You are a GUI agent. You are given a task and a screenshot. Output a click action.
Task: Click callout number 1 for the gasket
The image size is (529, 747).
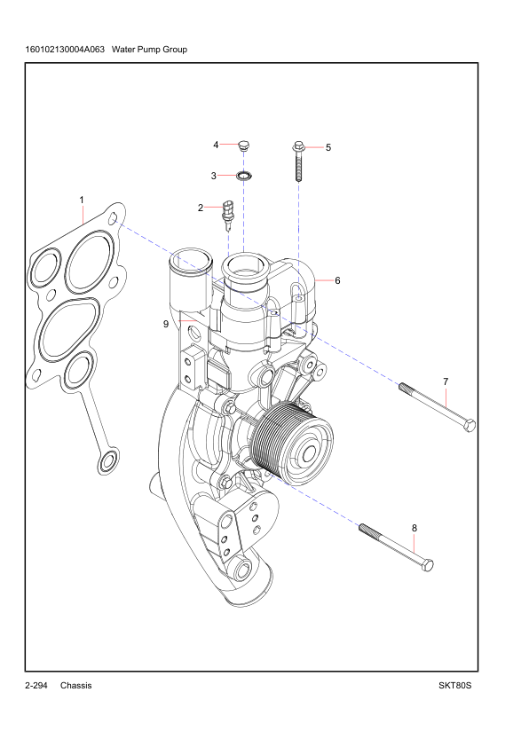(x=82, y=201)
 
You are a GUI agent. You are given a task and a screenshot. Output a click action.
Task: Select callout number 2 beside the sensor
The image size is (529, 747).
(x=201, y=208)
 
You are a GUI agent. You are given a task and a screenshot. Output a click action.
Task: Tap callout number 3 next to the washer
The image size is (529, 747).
(x=214, y=176)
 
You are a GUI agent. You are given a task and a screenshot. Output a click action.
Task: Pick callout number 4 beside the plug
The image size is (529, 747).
(x=215, y=145)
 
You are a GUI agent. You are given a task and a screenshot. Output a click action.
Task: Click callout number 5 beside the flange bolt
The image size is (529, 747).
(x=328, y=147)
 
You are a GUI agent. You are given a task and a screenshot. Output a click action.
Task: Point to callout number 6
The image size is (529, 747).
(x=337, y=280)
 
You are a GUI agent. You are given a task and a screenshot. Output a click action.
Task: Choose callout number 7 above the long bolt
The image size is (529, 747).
(x=445, y=381)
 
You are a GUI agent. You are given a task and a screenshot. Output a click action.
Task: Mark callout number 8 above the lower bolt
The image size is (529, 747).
(x=415, y=528)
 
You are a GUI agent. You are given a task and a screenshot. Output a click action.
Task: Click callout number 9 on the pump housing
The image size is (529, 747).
(x=166, y=324)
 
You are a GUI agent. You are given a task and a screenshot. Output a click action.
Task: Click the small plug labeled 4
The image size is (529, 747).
(x=246, y=145)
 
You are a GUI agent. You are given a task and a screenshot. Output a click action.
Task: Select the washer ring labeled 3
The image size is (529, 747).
(x=246, y=175)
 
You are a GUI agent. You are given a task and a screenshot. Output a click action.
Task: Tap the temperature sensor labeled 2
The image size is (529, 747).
(x=228, y=212)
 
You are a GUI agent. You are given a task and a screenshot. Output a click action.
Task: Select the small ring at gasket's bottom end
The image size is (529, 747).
(x=108, y=460)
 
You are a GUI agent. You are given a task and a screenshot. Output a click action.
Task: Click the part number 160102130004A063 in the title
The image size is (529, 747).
(x=67, y=49)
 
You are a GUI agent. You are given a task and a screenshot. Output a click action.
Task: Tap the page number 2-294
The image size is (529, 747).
(x=36, y=686)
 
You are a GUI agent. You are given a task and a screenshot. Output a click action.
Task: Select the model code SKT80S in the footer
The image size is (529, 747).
(x=454, y=686)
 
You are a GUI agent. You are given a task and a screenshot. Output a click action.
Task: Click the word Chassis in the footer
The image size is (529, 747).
(x=76, y=686)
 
